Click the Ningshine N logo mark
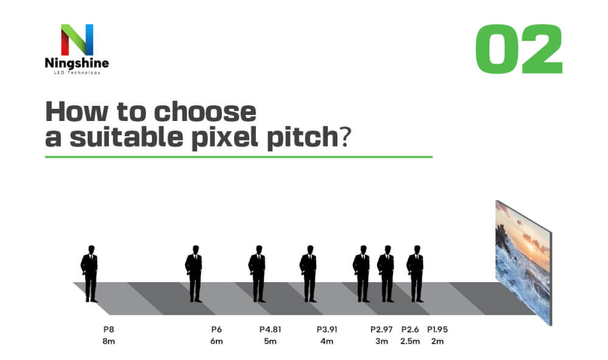coord(77,40)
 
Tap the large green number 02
coord(519,49)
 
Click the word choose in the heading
coord(205,112)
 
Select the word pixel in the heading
coord(225,137)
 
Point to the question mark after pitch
coord(345,137)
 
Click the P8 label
coord(109,330)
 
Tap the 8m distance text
coord(109,341)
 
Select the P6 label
coord(216,330)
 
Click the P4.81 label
coord(271,330)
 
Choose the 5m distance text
coord(271,341)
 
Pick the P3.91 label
coord(327,330)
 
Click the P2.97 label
coord(382,330)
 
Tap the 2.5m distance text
coord(410,341)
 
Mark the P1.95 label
coord(437,330)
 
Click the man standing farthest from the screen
coord(89,274)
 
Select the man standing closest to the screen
coord(415,274)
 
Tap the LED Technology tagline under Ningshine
coord(77,72)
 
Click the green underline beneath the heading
coord(239,157)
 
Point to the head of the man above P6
coord(196,249)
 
